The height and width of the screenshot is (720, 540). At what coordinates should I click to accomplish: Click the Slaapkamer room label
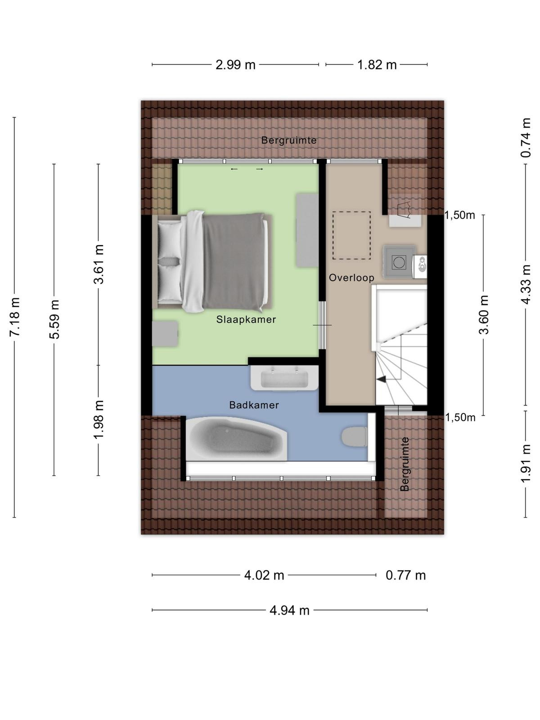coord(246,319)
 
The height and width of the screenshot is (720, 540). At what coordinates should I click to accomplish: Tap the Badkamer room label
coord(254,405)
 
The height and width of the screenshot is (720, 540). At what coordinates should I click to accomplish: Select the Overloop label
coord(351,278)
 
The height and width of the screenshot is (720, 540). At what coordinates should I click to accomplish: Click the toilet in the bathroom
coord(354,436)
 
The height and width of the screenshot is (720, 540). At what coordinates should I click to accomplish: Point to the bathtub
coord(236,439)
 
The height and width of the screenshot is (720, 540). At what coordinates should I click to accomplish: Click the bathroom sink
coord(284,378)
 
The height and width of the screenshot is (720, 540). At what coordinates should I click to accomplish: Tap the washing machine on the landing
coord(399,262)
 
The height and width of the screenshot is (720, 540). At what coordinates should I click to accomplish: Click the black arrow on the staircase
coord(381,379)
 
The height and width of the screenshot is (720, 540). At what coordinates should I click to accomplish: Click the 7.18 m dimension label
coord(15,317)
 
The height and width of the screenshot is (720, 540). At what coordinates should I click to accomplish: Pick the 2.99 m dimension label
coord(235,65)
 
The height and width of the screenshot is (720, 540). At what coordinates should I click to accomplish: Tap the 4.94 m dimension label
coord(289,611)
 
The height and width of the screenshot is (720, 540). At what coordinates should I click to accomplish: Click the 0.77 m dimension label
coord(405,575)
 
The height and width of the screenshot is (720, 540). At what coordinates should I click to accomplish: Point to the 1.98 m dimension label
coord(99,419)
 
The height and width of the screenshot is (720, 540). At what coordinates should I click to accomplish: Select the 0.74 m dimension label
coord(526,138)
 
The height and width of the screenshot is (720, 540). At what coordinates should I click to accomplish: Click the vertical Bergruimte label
coord(405,464)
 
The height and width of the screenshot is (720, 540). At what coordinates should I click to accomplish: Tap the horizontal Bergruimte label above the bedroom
coord(289,140)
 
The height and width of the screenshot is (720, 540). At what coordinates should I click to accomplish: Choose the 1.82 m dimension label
coord(377,65)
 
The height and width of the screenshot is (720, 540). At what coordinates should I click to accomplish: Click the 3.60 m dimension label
coord(484,315)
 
